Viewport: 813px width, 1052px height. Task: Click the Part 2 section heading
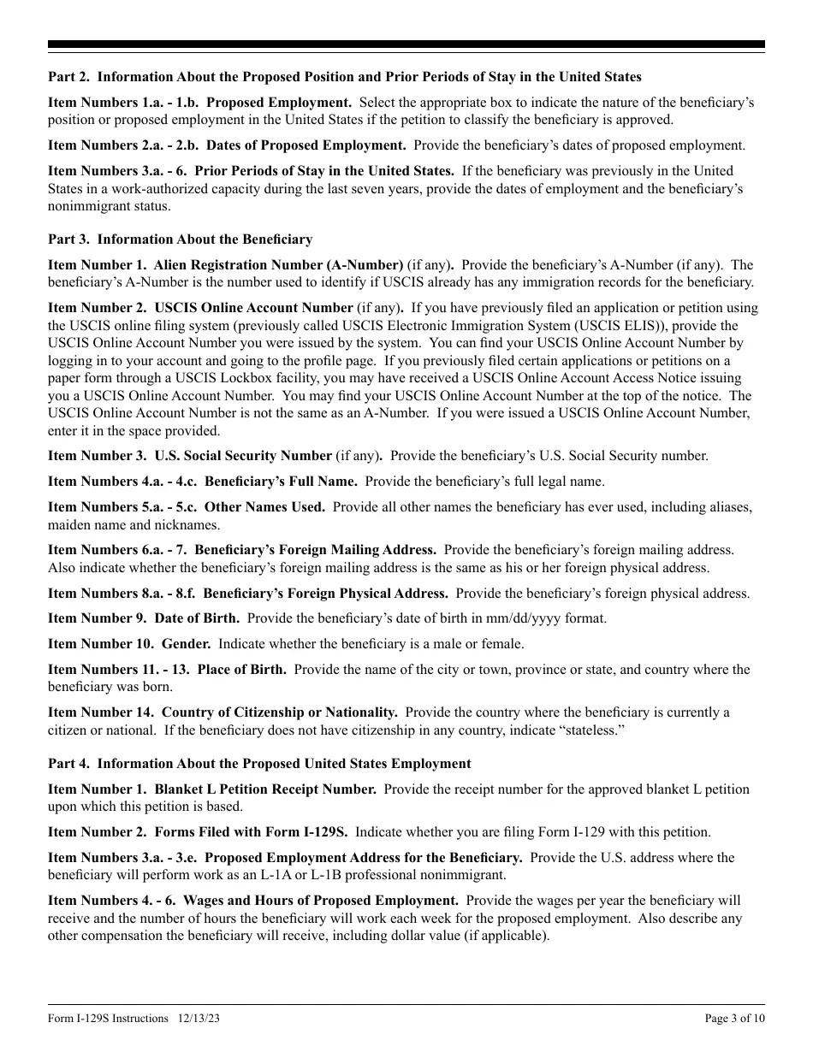point(344,77)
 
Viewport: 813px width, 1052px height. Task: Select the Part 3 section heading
point(180,239)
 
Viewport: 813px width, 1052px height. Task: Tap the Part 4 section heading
point(259,763)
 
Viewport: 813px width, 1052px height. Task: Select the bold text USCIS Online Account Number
point(253,308)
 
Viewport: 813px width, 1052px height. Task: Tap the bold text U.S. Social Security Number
point(243,456)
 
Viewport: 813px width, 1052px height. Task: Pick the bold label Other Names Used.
point(264,507)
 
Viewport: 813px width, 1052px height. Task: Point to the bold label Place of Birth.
point(241,670)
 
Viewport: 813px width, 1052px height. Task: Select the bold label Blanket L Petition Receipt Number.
point(265,789)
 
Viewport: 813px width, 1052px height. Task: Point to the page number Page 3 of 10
point(734,1018)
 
